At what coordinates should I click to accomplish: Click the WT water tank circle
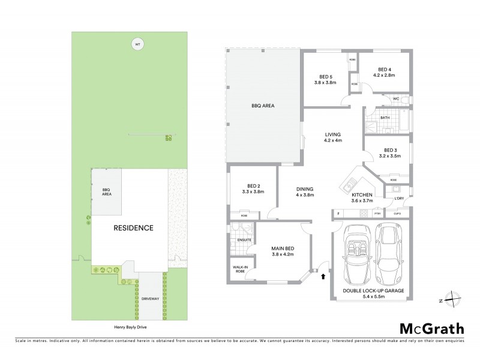137,44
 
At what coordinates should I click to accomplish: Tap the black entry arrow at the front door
324,277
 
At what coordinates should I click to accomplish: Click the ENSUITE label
245,240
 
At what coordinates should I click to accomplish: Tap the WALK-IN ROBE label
239,270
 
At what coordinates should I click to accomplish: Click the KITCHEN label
362,196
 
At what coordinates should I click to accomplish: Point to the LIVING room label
333,135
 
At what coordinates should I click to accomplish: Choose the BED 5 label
326,76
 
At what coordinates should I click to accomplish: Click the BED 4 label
382,69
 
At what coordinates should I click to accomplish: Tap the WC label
396,99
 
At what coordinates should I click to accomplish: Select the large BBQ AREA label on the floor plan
263,106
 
